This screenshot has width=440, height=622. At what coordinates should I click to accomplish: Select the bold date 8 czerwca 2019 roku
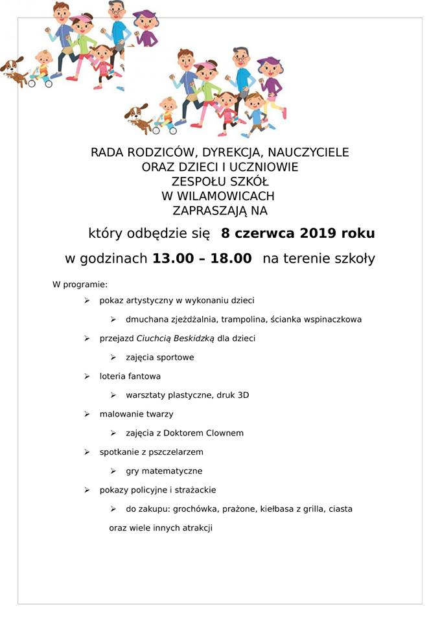pyautogui.click(x=298, y=233)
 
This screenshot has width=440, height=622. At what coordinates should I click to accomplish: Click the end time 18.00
pyautogui.click(x=230, y=259)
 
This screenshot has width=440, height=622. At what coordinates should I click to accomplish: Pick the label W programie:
pyautogui.click(x=80, y=284)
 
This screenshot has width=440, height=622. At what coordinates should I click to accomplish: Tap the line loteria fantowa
pyautogui.click(x=130, y=376)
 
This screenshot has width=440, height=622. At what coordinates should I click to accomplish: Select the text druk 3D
pyautogui.click(x=234, y=395)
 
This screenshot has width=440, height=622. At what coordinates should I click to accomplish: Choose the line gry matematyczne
pyautogui.click(x=164, y=471)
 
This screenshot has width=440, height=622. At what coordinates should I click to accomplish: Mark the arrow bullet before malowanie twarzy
pyautogui.click(x=87, y=414)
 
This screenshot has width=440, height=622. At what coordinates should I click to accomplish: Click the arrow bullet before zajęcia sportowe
pyautogui.click(x=113, y=357)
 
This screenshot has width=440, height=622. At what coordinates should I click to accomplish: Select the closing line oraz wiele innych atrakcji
pyautogui.click(x=161, y=528)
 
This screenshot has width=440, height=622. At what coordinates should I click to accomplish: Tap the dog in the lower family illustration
pyautogui.click(x=137, y=116)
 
